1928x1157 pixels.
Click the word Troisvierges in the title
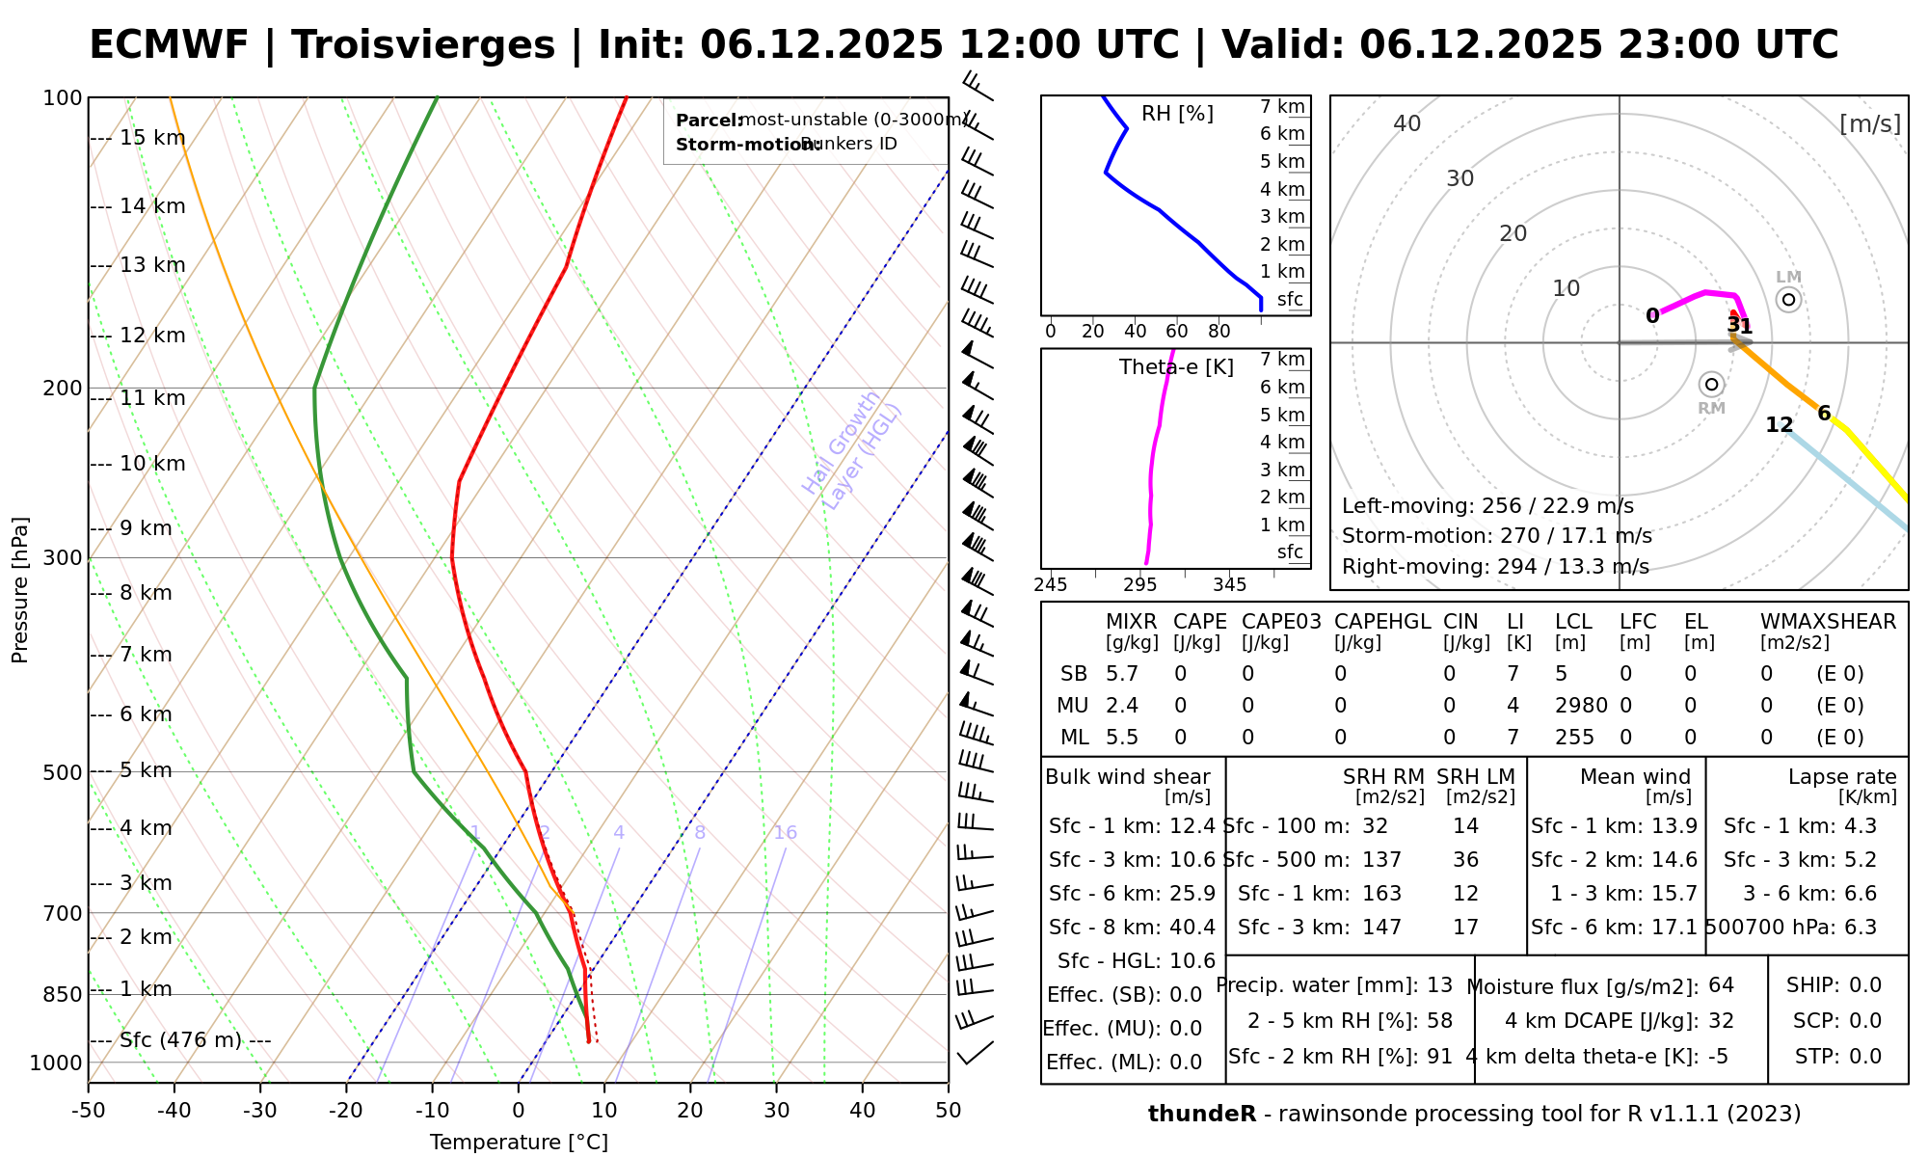(x=423, y=45)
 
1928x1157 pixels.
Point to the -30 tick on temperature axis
(x=260, y=1111)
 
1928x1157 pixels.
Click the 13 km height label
(x=152, y=265)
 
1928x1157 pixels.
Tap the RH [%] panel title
(x=1177, y=114)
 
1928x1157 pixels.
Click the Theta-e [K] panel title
(x=1176, y=367)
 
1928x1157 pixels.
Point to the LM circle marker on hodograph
(x=1788, y=300)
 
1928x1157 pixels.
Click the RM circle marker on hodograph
(x=1711, y=385)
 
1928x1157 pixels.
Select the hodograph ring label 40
(x=1407, y=123)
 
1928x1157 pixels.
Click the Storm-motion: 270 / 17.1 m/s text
(x=1496, y=536)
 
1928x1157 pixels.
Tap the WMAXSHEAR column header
(x=1828, y=622)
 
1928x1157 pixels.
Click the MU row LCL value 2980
(x=1581, y=706)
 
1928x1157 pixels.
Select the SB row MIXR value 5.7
(x=1122, y=674)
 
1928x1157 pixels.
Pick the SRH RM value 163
(x=1381, y=894)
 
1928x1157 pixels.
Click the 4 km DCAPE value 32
(x=1721, y=1021)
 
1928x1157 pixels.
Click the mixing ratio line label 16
(x=786, y=833)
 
